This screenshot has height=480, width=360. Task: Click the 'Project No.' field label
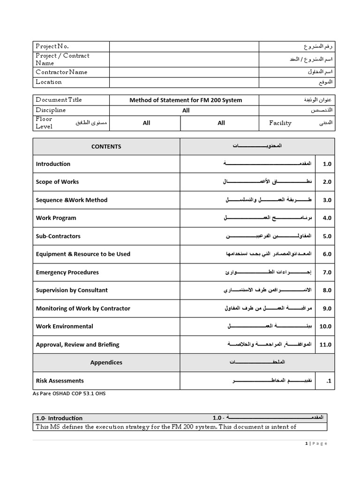click(52, 46)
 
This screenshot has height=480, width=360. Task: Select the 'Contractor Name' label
click(61, 72)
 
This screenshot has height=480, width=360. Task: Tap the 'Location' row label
click(49, 82)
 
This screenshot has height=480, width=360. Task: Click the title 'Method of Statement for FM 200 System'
click(186, 100)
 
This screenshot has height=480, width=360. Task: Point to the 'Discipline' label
click(51, 110)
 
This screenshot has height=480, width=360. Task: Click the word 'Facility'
click(280, 123)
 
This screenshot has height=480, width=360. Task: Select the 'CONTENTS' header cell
click(106, 146)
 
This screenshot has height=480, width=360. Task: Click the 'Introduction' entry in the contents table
click(53, 164)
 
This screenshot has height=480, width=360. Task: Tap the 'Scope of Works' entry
click(57, 182)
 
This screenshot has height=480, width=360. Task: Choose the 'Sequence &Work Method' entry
click(71, 200)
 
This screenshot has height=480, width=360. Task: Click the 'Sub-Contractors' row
click(58, 236)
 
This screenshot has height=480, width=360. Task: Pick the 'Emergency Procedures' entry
click(67, 272)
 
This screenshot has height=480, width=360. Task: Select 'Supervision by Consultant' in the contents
click(72, 290)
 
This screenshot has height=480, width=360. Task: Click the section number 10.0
click(325, 327)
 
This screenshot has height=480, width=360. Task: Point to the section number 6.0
click(327, 254)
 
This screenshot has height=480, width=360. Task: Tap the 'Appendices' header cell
click(106, 362)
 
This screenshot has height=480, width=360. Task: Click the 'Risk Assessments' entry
click(60, 381)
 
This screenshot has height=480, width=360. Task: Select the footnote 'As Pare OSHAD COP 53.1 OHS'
click(69, 393)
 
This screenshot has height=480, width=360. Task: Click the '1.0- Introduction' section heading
click(59, 418)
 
